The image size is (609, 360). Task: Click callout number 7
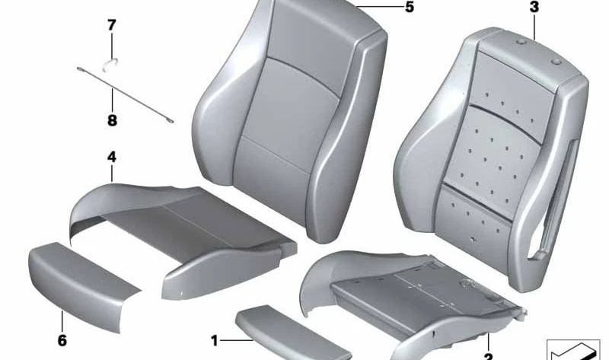[x=112, y=25]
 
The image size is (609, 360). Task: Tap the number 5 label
[x=410, y=9]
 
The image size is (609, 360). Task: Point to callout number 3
[x=534, y=9]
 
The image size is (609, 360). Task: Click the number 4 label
[x=111, y=158]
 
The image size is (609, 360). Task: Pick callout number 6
[x=62, y=339]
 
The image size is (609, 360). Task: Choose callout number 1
[x=215, y=340]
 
